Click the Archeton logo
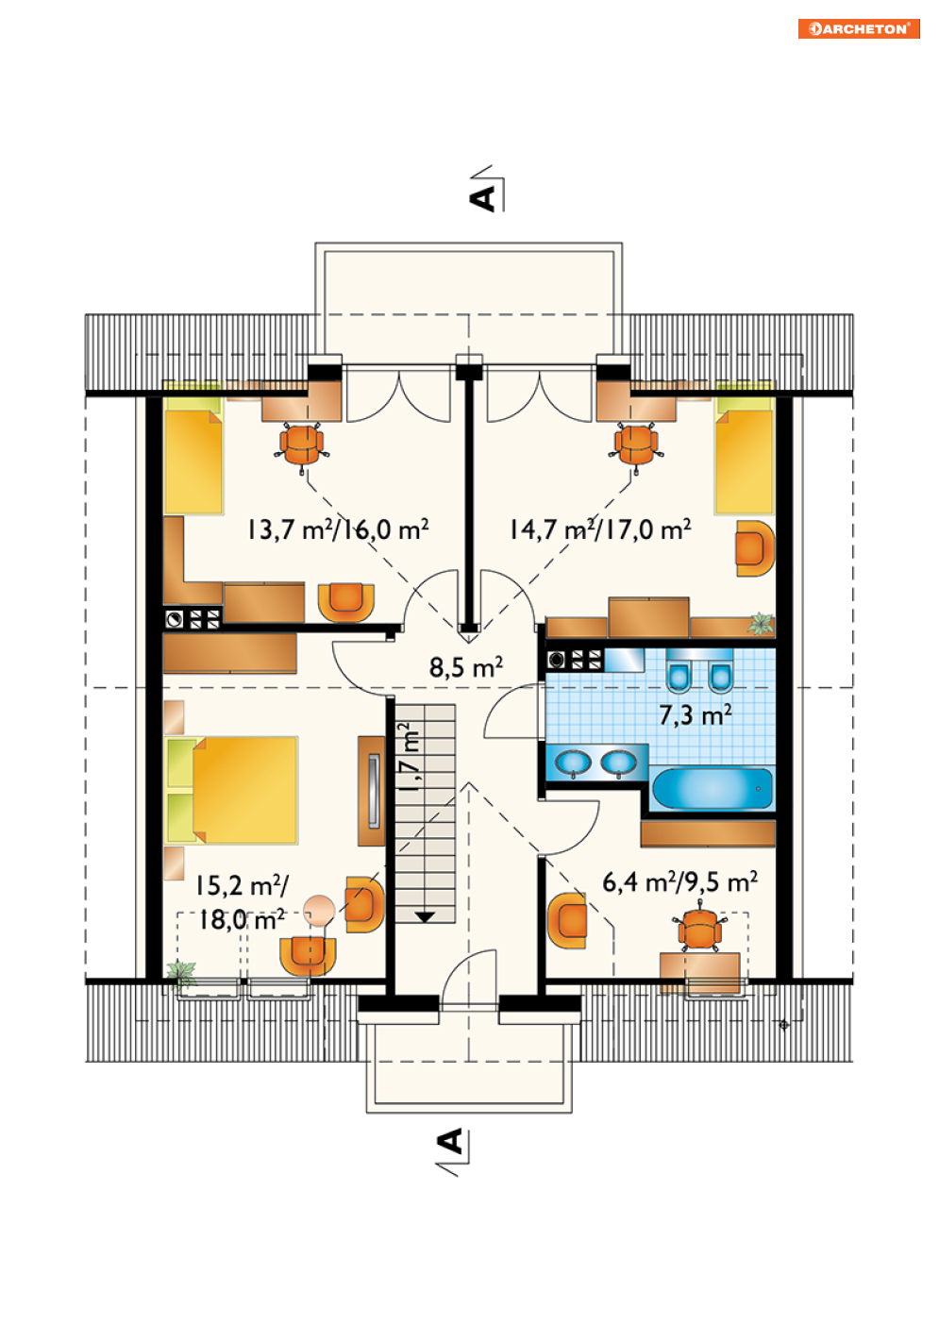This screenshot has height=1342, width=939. tap(858, 28)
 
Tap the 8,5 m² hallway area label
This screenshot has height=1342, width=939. tap(465, 666)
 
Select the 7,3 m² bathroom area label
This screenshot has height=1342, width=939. tap(696, 714)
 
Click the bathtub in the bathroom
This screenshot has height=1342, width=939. tap(712, 788)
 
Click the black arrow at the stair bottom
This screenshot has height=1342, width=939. tap(425, 916)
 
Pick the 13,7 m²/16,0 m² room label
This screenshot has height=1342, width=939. tap(338, 529)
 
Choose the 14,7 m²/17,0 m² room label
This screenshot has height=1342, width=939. tap(600, 529)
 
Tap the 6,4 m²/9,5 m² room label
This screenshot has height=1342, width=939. tap(679, 881)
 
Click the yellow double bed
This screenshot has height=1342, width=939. tap(232, 790)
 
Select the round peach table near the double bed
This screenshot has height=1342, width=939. tap(319, 910)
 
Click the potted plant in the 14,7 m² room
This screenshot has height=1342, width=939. tap(761, 623)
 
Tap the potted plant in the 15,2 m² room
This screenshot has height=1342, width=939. tap(180, 974)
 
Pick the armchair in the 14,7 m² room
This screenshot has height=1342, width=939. tap(755, 548)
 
